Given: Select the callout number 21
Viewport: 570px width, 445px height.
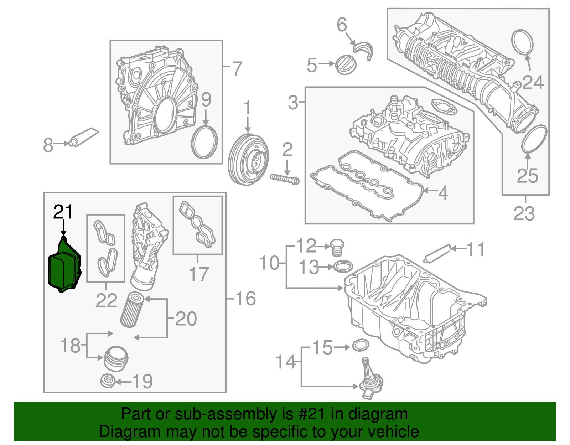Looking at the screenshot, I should [x=63, y=212].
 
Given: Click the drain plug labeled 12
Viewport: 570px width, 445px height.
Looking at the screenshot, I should [x=337, y=248].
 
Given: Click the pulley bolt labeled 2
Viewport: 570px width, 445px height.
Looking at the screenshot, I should [x=285, y=178].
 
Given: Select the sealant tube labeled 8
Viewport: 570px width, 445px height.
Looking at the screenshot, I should [x=84, y=137].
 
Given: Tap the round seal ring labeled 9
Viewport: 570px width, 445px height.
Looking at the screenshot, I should [x=204, y=142].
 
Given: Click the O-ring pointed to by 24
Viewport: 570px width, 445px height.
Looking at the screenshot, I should [x=523, y=42].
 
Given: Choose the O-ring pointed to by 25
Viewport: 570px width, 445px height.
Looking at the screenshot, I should [x=534, y=139].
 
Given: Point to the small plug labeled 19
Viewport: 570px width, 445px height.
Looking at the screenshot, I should [x=107, y=381].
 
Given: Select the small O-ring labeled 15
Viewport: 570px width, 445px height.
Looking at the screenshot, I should [x=361, y=345].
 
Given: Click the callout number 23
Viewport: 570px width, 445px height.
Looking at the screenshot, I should [x=524, y=213].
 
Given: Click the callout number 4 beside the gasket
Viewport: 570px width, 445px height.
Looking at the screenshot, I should [x=443, y=193].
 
